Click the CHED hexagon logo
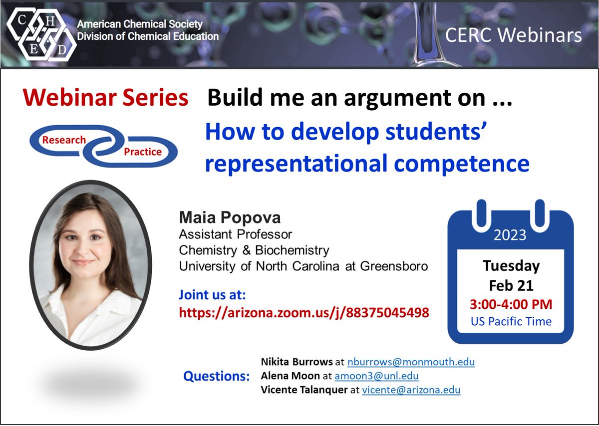(40, 33)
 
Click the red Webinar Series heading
(105, 98)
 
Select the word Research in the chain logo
(64, 140)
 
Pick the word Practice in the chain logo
(143, 151)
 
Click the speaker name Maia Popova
(223, 218)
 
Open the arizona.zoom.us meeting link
(303, 313)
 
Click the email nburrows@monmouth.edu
(411, 362)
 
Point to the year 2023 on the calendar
(510, 235)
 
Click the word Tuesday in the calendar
(511, 266)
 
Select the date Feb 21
(511, 286)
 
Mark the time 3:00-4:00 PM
(511, 304)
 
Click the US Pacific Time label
(511, 321)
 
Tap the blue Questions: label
(217, 376)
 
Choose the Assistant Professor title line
(236, 234)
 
